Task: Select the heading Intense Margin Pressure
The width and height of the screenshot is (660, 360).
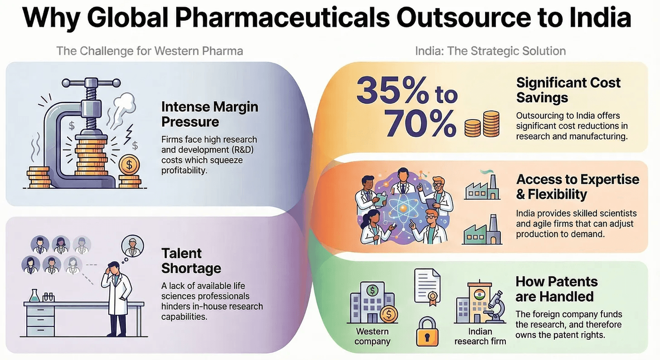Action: pos(209,114)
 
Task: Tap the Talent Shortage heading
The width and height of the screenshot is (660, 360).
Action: pos(191,261)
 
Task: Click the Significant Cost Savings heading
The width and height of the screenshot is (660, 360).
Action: pos(568,90)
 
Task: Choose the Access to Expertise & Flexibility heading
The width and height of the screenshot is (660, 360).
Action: pos(577,187)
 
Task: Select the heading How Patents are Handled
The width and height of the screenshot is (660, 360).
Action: pos(556,289)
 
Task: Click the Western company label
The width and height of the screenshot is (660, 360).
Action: pos(372,335)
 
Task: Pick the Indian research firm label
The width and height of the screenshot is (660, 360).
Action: pos(480,336)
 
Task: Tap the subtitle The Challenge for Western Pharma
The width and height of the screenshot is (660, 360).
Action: pos(149,50)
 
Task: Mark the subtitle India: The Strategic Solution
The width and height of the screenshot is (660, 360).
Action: pos(490,50)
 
